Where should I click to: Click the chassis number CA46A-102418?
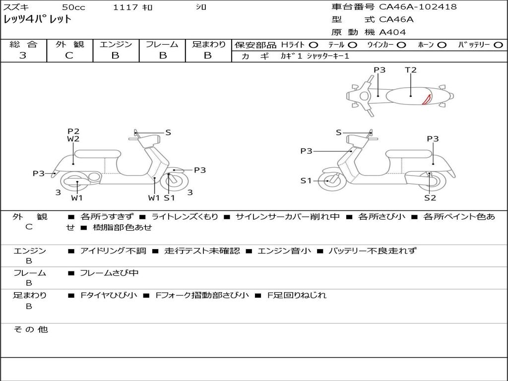[418, 7]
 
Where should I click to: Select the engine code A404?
[392, 32]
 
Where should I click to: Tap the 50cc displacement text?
[73, 7]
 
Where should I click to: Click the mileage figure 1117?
[126, 7]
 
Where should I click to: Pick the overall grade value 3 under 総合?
[23, 55]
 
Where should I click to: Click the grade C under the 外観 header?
[69, 56]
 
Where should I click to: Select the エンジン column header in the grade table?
[116, 44]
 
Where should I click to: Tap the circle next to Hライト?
[314, 45]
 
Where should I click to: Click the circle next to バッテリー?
[499, 45]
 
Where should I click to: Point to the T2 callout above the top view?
[410, 69]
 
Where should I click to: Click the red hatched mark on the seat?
[426, 99]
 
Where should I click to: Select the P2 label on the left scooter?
[73, 131]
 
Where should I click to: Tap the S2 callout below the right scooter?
[430, 197]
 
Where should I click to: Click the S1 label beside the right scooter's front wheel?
[306, 181]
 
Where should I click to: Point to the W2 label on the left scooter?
[73, 139]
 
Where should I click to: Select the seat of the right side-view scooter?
[409, 154]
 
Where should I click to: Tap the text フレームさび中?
[109, 273]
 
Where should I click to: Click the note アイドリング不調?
[113, 251]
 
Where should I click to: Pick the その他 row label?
[31, 329]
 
